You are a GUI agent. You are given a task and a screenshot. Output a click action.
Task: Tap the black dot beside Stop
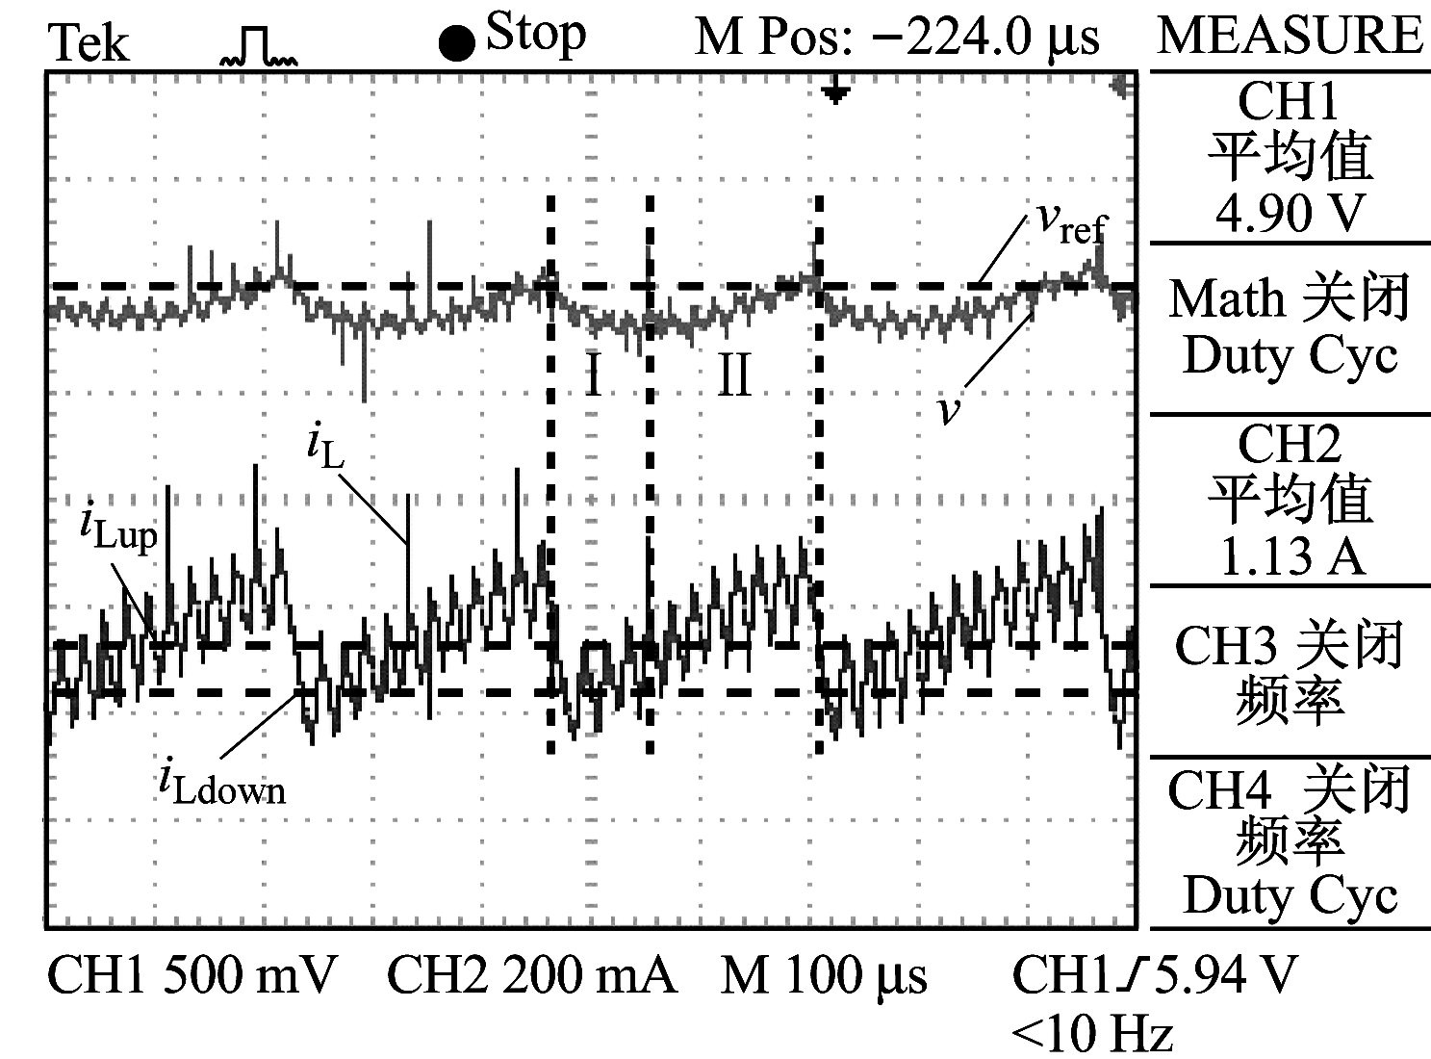(456, 43)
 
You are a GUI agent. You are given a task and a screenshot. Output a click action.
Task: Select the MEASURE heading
(1290, 36)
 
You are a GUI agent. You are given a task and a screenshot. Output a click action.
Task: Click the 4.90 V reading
(1290, 213)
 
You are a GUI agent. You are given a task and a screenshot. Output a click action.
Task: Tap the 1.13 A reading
(1290, 555)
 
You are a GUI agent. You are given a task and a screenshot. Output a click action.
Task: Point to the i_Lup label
(117, 529)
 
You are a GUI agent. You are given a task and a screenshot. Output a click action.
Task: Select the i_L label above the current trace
(324, 446)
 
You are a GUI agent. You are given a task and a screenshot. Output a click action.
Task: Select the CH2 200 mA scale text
(531, 976)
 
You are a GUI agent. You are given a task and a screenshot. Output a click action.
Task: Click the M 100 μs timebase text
(824, 976)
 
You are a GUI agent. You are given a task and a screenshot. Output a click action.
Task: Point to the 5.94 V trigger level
(1226, 974)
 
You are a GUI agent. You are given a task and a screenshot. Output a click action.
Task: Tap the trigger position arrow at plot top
(836, 92)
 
